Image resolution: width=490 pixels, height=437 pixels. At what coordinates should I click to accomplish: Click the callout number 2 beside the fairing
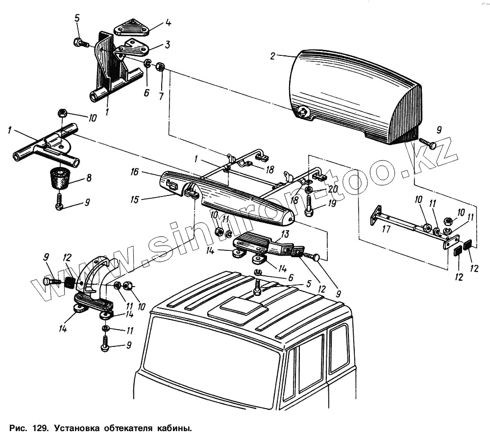pos(272,56)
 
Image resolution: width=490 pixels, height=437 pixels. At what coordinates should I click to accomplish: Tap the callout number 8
pos(89,178)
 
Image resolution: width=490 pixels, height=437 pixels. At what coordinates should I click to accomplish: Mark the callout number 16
pos(135,172)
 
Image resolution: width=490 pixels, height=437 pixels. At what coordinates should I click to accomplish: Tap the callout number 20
pos(334,189)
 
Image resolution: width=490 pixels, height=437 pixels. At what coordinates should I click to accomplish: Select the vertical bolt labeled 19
pos(310,206)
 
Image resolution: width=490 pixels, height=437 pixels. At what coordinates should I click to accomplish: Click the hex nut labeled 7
pos(160,67)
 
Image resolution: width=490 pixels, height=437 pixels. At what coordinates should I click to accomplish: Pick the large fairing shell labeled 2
pos(353,96)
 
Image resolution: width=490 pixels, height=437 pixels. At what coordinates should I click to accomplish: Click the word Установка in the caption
pos(76,428)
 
